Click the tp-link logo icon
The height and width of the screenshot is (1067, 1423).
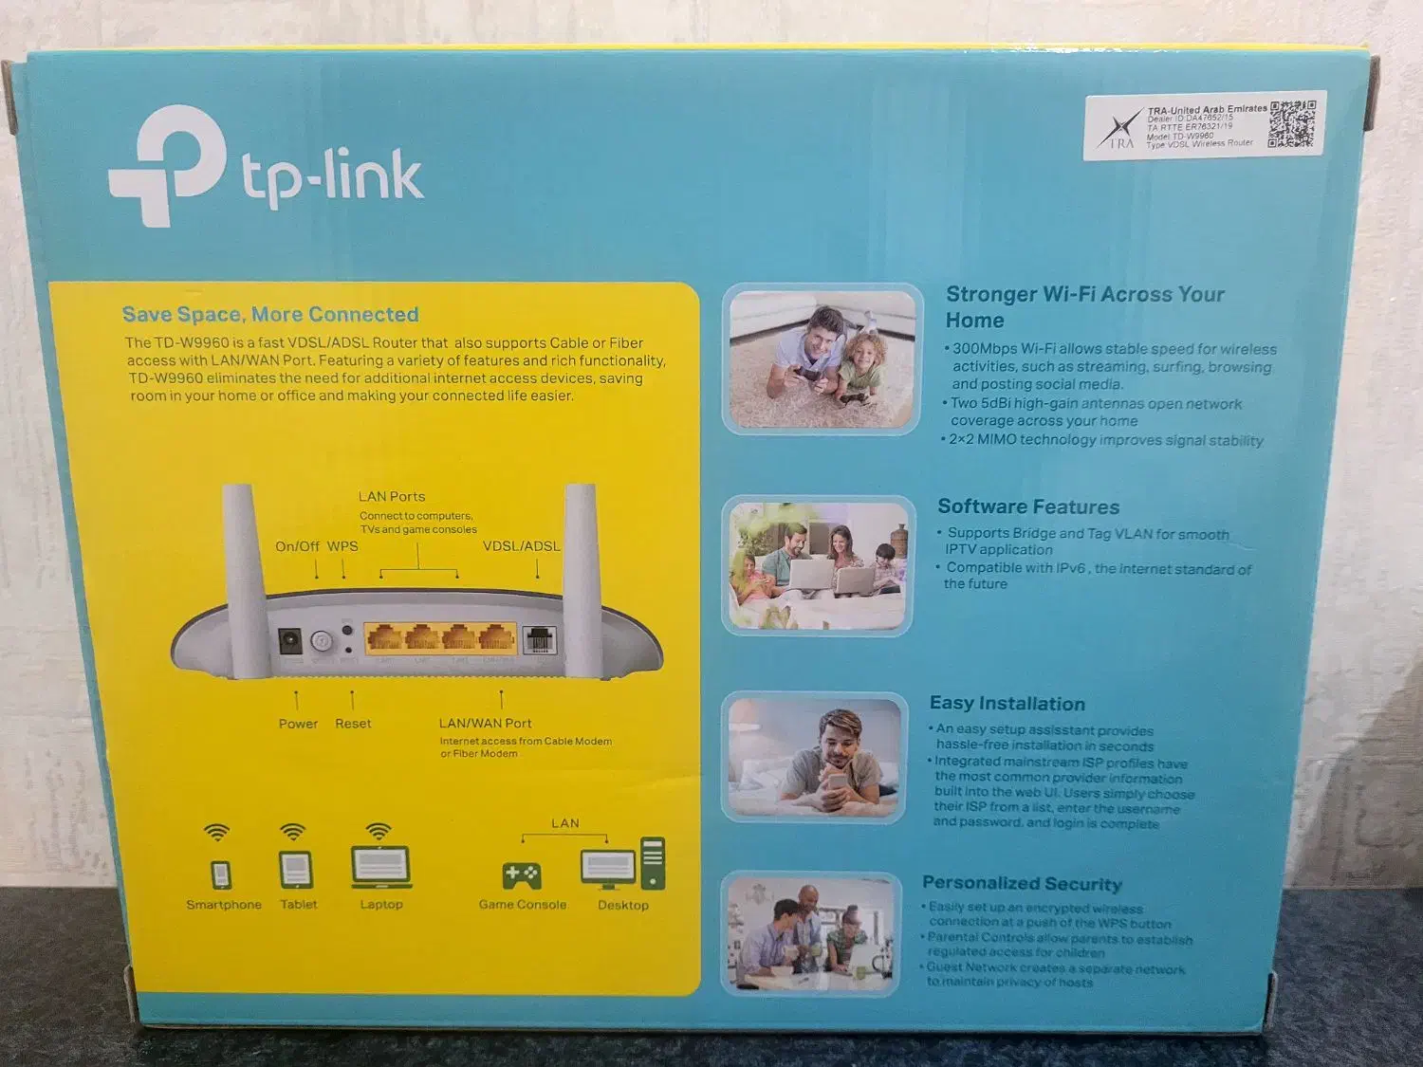click(169, 167)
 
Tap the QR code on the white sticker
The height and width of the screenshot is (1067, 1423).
click(1292, 123)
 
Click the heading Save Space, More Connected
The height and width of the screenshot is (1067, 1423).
click(270, 315)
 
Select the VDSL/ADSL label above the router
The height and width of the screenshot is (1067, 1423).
click(521, 546)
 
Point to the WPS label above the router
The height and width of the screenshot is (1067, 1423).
click(342, 546)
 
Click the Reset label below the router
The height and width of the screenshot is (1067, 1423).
click(353, 724)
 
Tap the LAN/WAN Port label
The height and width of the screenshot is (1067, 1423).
click(485, 724)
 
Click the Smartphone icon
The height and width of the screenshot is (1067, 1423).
click(220, 873)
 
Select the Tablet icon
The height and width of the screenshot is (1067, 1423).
click(295, 870)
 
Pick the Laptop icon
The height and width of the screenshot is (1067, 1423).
click(380, 867)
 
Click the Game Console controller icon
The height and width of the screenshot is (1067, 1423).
click(522, 874)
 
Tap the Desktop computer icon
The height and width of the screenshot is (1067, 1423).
click(622, 864)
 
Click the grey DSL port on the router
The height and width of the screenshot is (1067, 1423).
click(539, 640)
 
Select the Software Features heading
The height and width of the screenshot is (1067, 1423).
click(1028, 507)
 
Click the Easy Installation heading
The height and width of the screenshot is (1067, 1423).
click(1007, 704)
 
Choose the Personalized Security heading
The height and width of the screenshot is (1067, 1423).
click(1022, 884)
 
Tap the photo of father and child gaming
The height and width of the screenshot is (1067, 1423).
click(822, 359)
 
